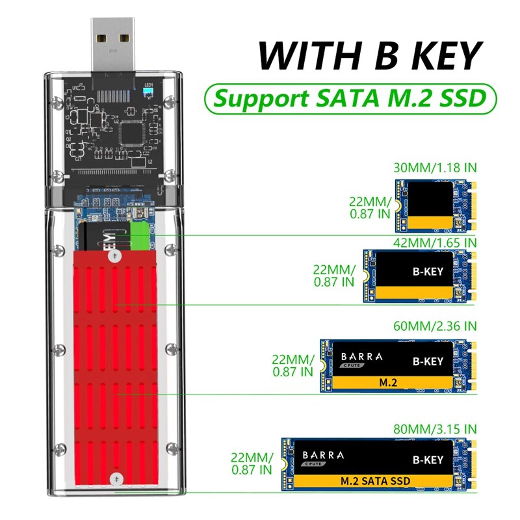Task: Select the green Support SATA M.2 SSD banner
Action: [x=350, y=99]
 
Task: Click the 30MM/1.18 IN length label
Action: [x=435, y=167]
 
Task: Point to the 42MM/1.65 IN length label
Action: [x=435, y=242]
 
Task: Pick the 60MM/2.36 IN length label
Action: [x=435, y=325]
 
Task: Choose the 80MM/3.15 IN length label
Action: [x=435, y=428]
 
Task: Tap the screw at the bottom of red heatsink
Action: [x=116, y=478]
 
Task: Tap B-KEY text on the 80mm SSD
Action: [x=427, y=459]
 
